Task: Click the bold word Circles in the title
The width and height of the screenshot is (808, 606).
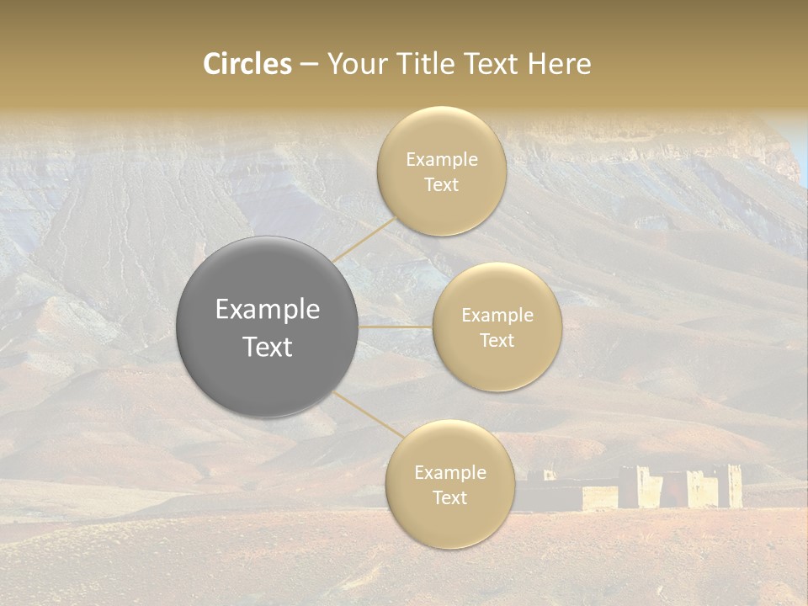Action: (247, 64)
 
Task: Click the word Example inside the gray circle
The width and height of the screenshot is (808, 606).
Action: (268, 310)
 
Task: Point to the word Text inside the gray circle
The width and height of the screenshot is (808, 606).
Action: (268, 347)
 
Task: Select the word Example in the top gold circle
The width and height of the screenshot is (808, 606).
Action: (442, 160)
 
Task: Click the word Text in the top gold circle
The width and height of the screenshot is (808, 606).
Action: (442, 185)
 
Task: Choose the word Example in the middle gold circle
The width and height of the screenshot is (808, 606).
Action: (497, 316)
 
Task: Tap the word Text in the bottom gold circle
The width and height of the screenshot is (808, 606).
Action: (449, 498)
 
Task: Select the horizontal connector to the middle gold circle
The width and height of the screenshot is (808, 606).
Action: (396, 327)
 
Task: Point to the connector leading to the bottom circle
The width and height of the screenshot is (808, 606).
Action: (367, 415)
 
